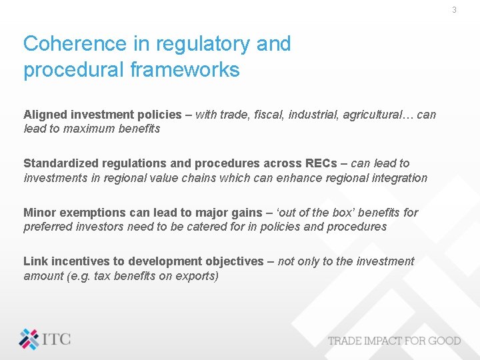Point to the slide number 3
click(x=454, y=10)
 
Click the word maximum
click(x=89, y=129)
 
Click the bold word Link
click(x=35, y=261)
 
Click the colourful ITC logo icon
click(x=29, y=339)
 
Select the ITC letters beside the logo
click(x=57, y=339)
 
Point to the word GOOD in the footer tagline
click(x=443, y=341)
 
